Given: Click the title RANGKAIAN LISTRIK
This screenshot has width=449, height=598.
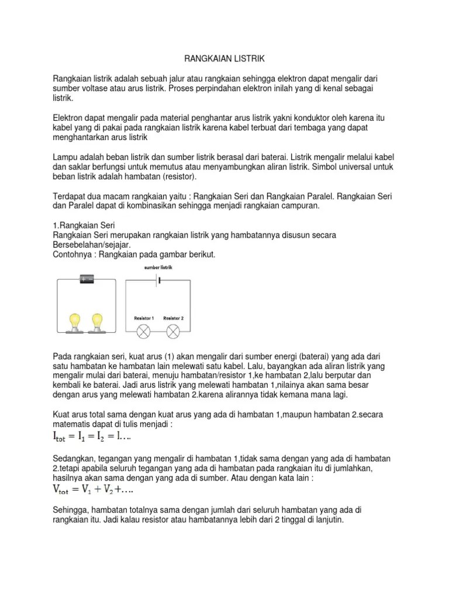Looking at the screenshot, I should [224, 59].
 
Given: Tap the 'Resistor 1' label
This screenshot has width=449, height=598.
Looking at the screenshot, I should [144, 318].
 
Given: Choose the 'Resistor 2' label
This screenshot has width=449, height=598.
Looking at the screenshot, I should [173, 318].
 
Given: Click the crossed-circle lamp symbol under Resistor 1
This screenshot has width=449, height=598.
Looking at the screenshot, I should [144, 332].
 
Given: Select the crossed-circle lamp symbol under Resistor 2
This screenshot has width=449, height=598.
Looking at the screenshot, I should [173, 332].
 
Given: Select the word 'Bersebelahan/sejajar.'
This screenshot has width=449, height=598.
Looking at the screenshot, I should [92, 245].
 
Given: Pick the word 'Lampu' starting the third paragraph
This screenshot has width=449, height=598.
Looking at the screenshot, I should [65, 157].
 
